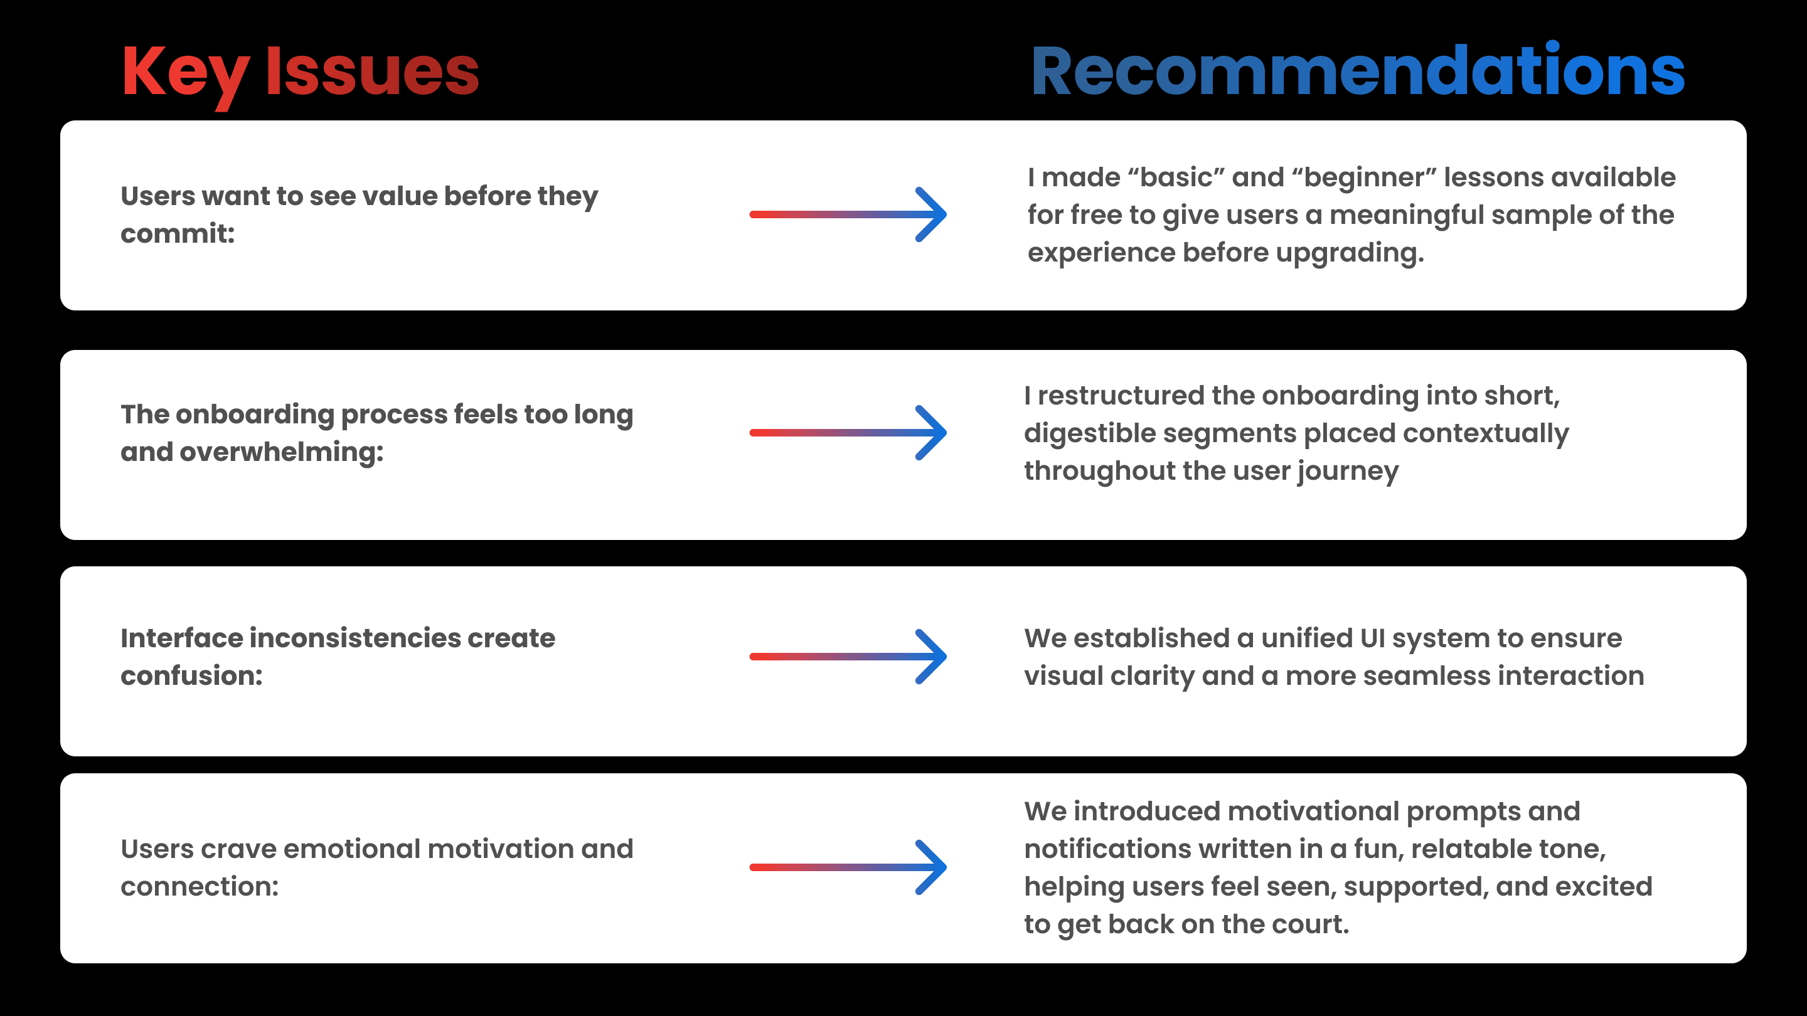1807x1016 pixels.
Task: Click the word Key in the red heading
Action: pos(185,72)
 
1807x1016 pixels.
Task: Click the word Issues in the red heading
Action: pos(372,72)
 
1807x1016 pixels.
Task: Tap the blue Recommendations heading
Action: pos(1357,72)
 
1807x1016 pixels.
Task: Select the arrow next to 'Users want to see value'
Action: pos(848,214)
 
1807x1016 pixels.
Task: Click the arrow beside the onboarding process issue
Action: pos(848,433)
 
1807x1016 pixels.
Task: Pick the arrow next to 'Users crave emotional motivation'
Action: pos(848,867)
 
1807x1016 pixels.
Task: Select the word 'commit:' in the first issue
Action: pos(178,233)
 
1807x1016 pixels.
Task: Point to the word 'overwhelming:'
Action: pos(281,452)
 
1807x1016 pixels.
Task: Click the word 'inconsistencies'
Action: pos(355,638)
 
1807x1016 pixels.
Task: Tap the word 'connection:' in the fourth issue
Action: pos(200,887)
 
